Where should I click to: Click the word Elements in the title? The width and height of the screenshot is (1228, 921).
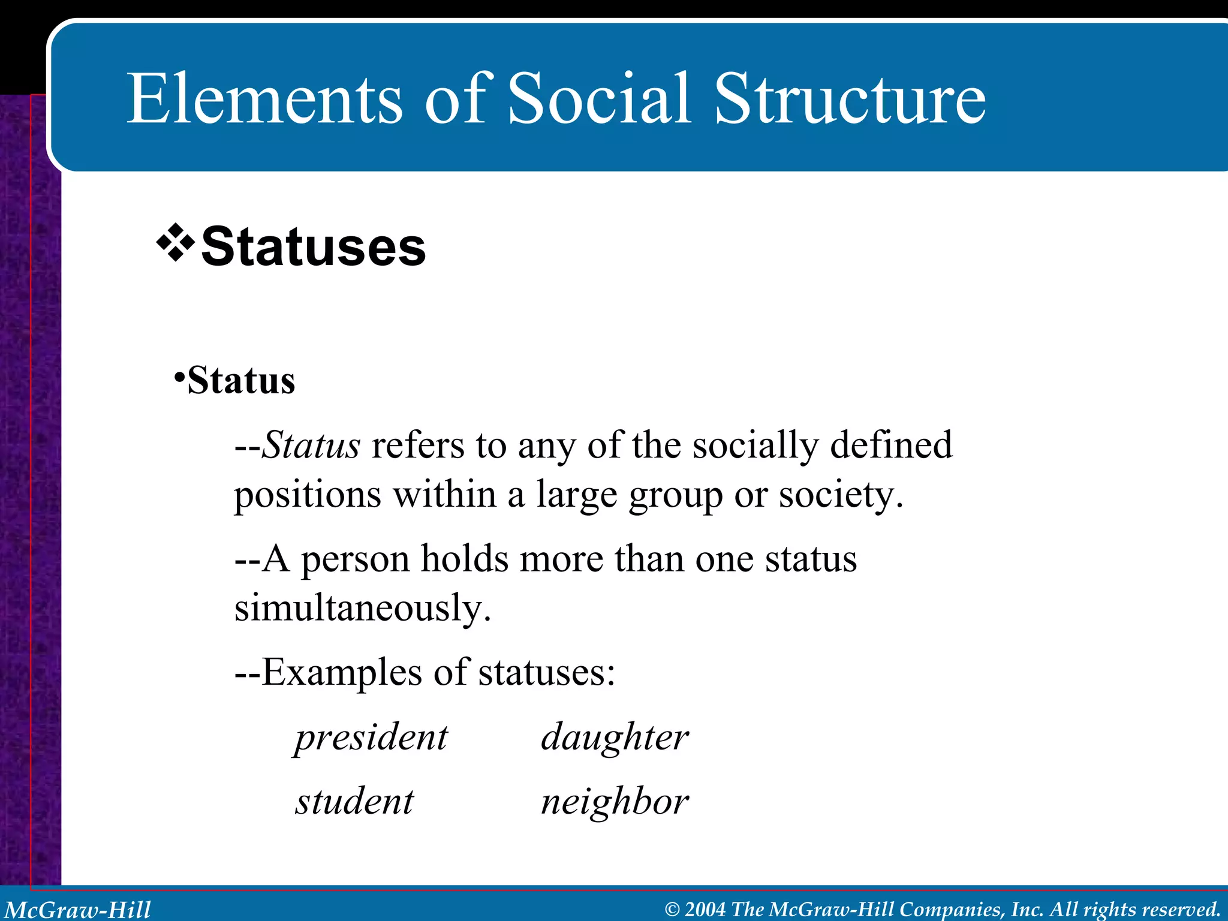[264, 99]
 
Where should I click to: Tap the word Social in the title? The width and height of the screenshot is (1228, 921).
[599, 99]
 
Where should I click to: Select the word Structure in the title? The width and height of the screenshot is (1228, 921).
[850, 99]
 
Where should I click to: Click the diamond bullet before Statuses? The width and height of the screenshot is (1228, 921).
[175, 243]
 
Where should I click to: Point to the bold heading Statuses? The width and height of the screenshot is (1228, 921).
[313, 247]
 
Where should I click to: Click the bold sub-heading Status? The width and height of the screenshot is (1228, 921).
[241, 381]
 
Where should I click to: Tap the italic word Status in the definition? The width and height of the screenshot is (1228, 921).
[311, 446]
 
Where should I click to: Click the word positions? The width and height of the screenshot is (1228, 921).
[308, 496]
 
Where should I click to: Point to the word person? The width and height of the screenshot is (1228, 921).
[355, 559]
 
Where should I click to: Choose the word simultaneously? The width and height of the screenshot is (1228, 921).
[362, 609]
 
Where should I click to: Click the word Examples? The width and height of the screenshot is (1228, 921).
[342, 672]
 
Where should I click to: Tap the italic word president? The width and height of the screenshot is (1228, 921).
[371, 737]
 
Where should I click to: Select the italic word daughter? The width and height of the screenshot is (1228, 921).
[615, 737]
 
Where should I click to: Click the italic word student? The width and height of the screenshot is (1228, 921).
[354, 802]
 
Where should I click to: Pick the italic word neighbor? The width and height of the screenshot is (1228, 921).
[615, 802]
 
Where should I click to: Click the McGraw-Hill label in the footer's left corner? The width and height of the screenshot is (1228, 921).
[78, 910]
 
